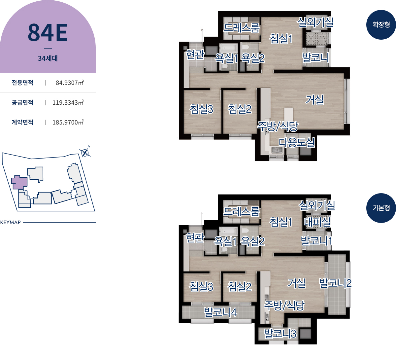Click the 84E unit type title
[x=48, y=33]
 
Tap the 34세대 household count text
[x=48, y=58]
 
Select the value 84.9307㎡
[x=70, y=83]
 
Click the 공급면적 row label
[x=22, y=102]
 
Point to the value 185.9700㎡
[x=68, y=122]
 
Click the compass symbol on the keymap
[x=85, y=152]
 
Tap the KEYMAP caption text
[x=11, y=223]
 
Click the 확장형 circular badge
[x=381, y=25]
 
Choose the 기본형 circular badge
[x=381, y=208]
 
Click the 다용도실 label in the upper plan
[x=297, y=142]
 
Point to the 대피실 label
[x=317, y=222]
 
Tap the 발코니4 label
[x=220, y=312]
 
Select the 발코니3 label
[x=280, y=333]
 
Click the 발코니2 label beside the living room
[x=335, y=283]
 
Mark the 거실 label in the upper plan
[x=315, y=100]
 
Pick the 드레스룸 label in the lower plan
[x=242, y=211]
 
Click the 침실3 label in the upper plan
[x=201, y=109]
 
